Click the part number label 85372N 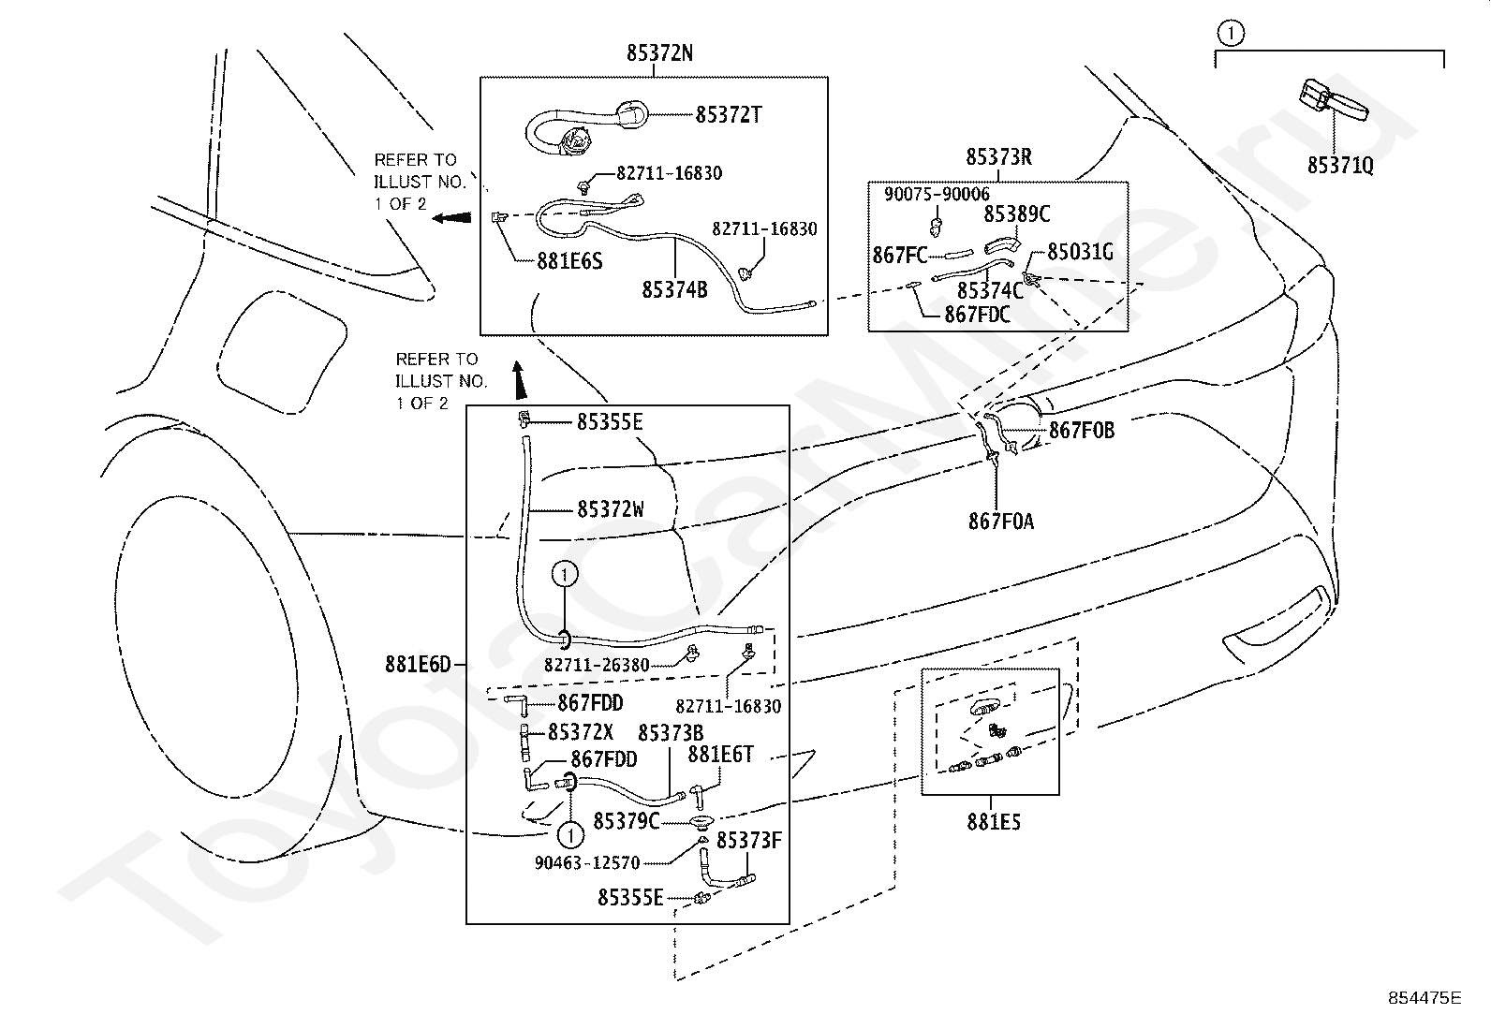tap(659, 52)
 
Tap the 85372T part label tap(729, 115)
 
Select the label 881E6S tap(569, 261)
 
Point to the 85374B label tap(674, 290)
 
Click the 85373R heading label tap(998, 157)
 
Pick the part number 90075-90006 tap(937, 195)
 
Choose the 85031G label tap(1080, 252)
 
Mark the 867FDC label tap(977, 315)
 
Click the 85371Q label tap(1340, 165)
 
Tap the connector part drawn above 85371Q tap(1332, 102)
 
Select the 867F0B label tap(1081, 431)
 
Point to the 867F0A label tap(1001, 522)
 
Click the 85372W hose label tap(611, 510)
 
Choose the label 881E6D tap(418, 664)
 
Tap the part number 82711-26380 tap(597, 665)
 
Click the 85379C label tap(626, 822)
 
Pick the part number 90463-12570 tap(587, 863)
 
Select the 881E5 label tap(993, 822)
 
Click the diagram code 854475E tap(1425, 998)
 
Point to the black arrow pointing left tap(451, 217)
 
